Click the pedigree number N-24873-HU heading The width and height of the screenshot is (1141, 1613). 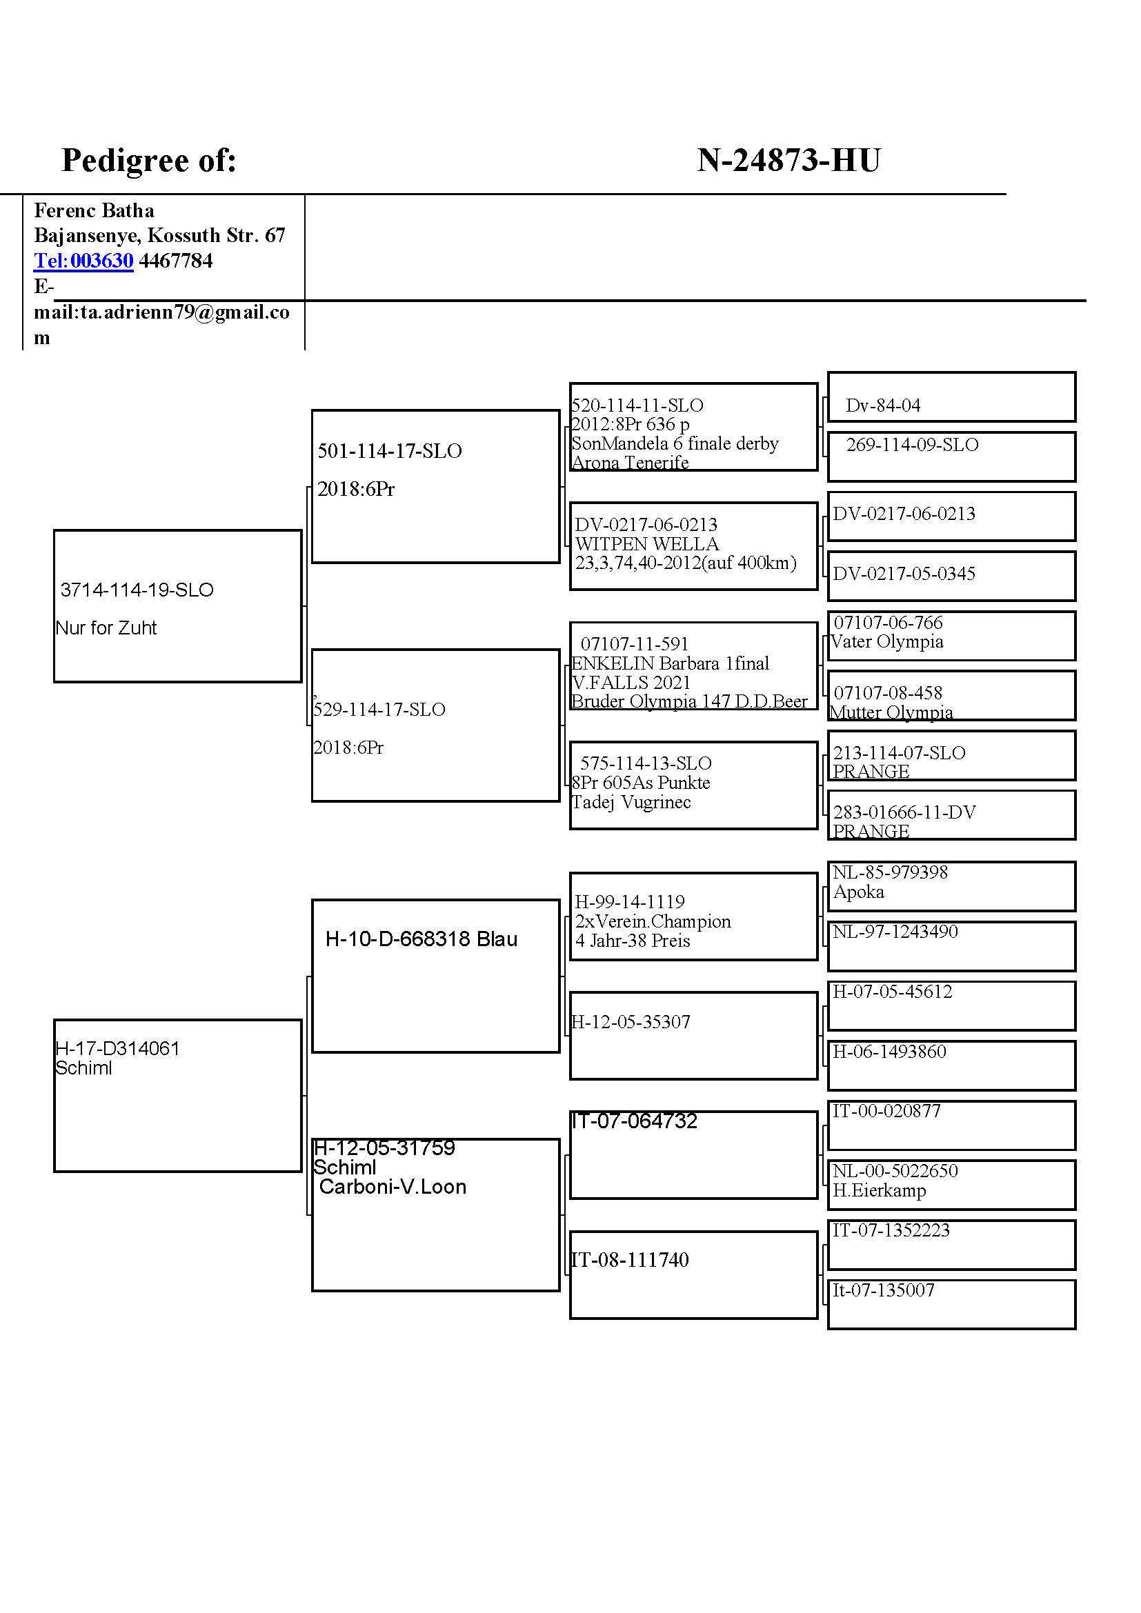(x=788, y=161)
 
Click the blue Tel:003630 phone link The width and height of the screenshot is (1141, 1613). (x=83, y=261)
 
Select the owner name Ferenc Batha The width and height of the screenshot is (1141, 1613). (x=94, y=210)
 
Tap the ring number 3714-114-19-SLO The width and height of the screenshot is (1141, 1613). (x=137, y=590)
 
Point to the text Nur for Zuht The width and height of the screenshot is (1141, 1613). (x=106, y=628)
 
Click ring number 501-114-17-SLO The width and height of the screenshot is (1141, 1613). (x=389, y=451)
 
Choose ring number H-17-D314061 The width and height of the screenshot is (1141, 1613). (x=117, y=1048)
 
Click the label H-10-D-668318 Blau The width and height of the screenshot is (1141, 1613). (x=421, y=939)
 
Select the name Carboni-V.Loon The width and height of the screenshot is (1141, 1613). (x=392, y=1187)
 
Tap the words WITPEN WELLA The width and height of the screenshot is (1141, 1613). (x=646, y=543)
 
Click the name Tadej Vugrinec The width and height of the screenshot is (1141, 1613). (x=631, y=802)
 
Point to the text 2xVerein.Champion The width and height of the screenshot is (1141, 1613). (x=653, y=921)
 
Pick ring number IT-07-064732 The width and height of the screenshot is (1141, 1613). (x=634, y=1121)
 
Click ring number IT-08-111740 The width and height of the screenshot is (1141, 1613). (x=630, y=1260)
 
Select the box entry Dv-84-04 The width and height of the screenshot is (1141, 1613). (x=882, y=405)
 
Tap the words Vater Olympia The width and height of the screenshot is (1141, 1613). (x=886, y=641)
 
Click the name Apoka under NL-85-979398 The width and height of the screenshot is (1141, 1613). (x=859, y=892)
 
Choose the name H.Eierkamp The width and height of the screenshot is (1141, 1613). (x=879, y=1190)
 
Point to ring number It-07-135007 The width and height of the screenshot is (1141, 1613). (x=883, y=1290)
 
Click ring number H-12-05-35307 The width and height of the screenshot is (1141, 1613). (x=631, y=1022)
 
